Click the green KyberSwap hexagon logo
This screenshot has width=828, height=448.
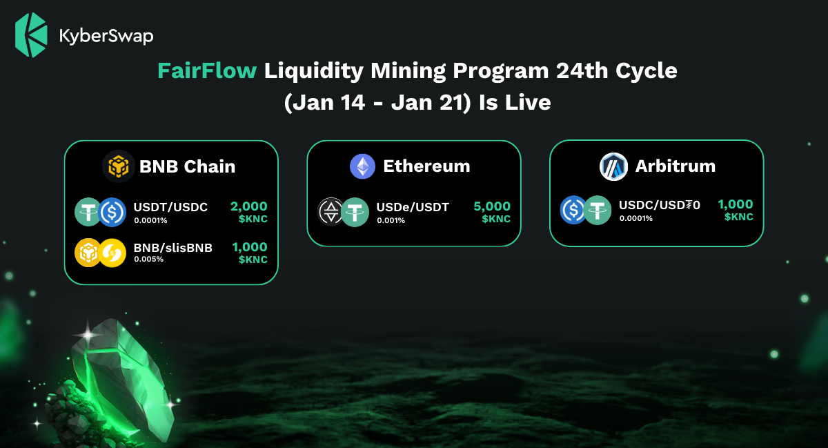(x=31, y=35)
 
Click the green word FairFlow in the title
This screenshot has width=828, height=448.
(x=207, y=70)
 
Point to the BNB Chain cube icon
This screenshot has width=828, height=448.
(x=118, y=166)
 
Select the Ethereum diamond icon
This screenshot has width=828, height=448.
(x=362, y=166)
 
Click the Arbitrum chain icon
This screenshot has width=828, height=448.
(x=613, y=166)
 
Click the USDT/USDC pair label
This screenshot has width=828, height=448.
(x=170, y=207)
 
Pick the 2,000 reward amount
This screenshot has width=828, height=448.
(x=249, y=206)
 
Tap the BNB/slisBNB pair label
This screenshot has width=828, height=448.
(x=173, y=248)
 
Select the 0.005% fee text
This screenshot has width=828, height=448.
(x=148, y=259)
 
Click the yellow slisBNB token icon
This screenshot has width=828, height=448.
(x=112, y=253)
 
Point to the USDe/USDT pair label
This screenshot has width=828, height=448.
(x=413, y=207)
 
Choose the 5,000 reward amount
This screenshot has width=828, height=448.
(x=492, y=206)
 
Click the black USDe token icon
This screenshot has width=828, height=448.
(x=331, y=212)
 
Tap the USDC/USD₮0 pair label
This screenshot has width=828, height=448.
(x=660, y=205)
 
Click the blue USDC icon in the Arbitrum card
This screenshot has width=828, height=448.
(x=573, y=210)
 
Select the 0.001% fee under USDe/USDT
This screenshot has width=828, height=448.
(x=391, y=220)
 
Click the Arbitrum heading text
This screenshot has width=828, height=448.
(x=676, y=166)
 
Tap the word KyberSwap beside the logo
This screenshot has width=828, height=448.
(x=106, y=37)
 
